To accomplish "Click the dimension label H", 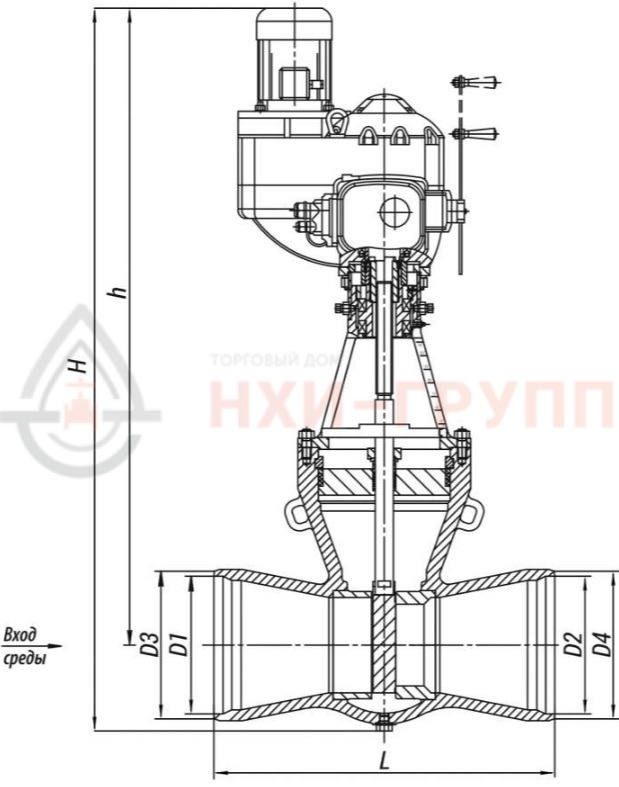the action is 78,365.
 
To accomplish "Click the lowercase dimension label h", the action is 117,292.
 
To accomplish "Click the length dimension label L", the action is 384,763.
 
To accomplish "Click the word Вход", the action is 20,635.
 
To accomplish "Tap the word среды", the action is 25,658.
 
